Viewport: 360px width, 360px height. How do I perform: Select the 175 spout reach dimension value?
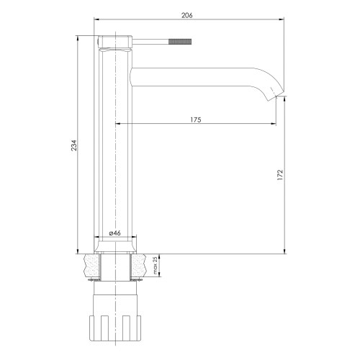point(195,120)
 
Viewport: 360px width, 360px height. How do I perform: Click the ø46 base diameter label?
point(114,234)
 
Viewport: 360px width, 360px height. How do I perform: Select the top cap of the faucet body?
point(114,41)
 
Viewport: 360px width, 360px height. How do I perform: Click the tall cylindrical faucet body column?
point(114,144)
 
